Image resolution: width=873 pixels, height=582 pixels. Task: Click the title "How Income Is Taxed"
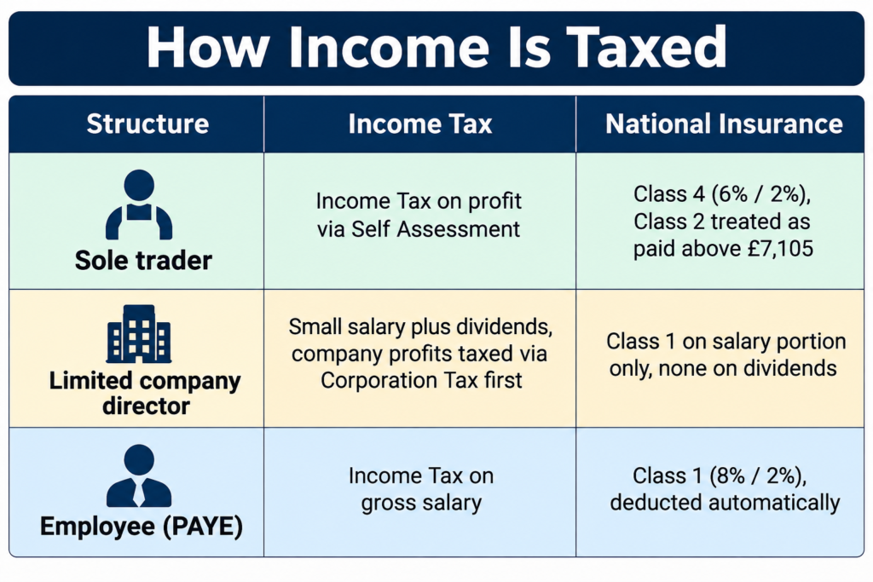click(436, 48)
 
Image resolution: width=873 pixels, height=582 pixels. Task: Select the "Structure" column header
click(147, 124)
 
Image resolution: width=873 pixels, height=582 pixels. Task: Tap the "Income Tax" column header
click(420, 124)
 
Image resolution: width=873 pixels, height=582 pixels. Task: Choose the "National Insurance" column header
click(724, 124)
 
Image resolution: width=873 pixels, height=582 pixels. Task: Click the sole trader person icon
click(139, 205)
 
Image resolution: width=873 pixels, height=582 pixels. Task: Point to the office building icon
click(139, 334)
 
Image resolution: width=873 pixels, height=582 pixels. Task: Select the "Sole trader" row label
click(143, 261)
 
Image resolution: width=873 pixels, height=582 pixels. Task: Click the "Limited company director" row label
click(145, 393)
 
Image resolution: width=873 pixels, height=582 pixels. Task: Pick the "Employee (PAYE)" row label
click(142, 527)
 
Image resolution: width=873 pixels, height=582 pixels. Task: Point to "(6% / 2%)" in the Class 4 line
click(760, 194)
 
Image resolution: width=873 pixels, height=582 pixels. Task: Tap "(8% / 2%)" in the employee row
click(758, 475)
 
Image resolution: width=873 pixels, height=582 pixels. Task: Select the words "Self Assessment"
click(436, 229)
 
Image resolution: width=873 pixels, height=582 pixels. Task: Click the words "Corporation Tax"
click(399, 381)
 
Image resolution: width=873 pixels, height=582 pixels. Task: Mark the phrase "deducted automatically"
click(725, 503)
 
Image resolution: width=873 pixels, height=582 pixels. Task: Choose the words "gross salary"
click(421, 504)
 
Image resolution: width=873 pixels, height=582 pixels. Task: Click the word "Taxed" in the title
click(647, 48)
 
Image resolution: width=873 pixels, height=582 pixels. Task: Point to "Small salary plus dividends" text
click(420, 326)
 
